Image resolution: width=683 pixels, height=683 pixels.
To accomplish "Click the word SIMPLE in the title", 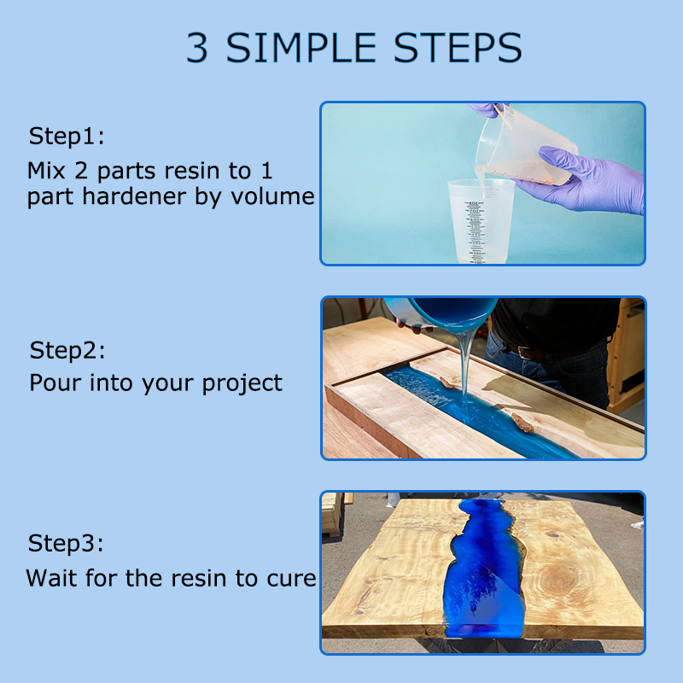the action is tap(301, 48).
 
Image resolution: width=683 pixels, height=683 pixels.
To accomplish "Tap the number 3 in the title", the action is tap(197, 48).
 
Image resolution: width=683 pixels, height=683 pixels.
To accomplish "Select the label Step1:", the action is tap(67, 137).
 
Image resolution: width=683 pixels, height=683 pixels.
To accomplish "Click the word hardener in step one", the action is tap(134, 196).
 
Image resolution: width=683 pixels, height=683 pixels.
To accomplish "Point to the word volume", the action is tap(272, 196).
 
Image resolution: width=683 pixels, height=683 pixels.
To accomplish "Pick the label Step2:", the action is tap(67, 351).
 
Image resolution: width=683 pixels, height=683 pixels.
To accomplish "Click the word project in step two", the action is tap(242, 384).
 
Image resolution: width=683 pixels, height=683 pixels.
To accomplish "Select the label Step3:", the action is tap(67, 544).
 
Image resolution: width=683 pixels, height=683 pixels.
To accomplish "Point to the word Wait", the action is tap(51, 578).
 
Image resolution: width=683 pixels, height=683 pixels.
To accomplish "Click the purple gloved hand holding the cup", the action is tap(584, 179).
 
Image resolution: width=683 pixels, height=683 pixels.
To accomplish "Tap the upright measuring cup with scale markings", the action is tap(480, 221).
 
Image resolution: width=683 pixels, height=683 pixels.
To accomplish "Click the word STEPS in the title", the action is tap(458, 48).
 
